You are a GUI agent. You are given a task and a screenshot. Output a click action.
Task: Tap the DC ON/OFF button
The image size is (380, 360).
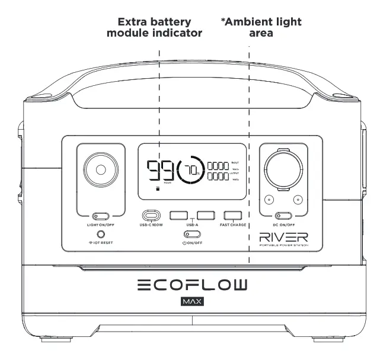pyautogui.click(x=283, y=216)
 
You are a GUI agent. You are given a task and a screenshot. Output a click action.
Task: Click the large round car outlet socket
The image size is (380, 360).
pyautogui.click(x=283, y=170)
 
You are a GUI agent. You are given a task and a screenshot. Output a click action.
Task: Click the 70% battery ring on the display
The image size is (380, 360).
pyautogui.click(x=190, y=171)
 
